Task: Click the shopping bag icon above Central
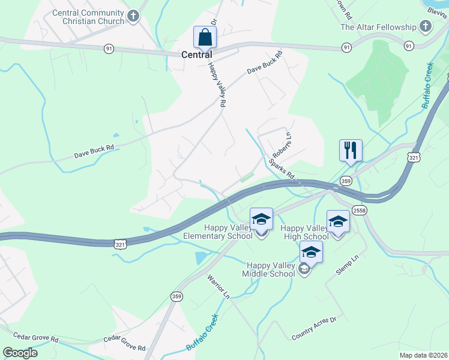tap(205, 37)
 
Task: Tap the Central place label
tap(197, 55)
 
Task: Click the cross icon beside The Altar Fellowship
tap(426, 26)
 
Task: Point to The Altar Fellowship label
tap(378, 27)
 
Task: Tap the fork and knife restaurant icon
tap(351, 150)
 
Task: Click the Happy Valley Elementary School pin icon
tap(261, 220)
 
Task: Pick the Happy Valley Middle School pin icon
tap(311, 253)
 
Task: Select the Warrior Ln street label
tap(218, 287)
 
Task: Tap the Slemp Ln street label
tap(347, 265)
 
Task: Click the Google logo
tap(20, 353)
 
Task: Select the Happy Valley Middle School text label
tap(273, 269)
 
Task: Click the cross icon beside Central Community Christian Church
tap(133, 17)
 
